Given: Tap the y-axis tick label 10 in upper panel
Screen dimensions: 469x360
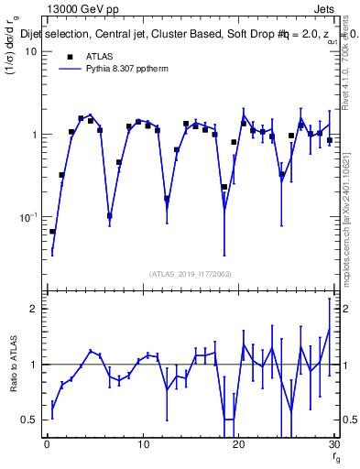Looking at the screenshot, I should pos(30,51).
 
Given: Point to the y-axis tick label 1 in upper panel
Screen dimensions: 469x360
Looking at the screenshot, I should pos(34,135).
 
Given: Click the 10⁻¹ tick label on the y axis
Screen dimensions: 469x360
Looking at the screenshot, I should pos(28,217).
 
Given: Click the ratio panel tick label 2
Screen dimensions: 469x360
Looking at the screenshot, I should pos(34,309).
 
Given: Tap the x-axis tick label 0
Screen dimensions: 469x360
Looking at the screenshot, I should pos(47,445).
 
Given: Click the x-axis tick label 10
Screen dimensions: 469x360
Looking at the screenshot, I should pos(142,445).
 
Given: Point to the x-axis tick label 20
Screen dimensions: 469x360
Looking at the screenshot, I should pos(238,445).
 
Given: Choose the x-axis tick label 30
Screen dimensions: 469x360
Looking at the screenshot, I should pos(333,445).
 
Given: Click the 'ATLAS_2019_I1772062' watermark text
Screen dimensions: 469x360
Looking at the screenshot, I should pos(190,274).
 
